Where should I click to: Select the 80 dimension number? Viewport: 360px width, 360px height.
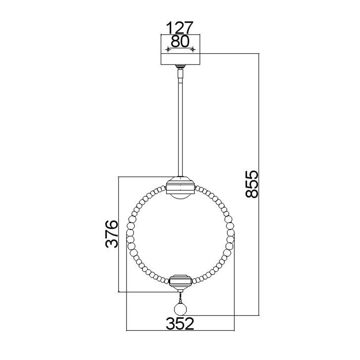[180, 42]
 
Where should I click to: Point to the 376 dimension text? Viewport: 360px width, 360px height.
[112, 234]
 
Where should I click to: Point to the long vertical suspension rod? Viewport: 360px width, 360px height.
[180, 126]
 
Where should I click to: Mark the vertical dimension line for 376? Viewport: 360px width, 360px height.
[119, 234]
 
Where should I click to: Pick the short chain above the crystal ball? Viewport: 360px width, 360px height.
[180, 297]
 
